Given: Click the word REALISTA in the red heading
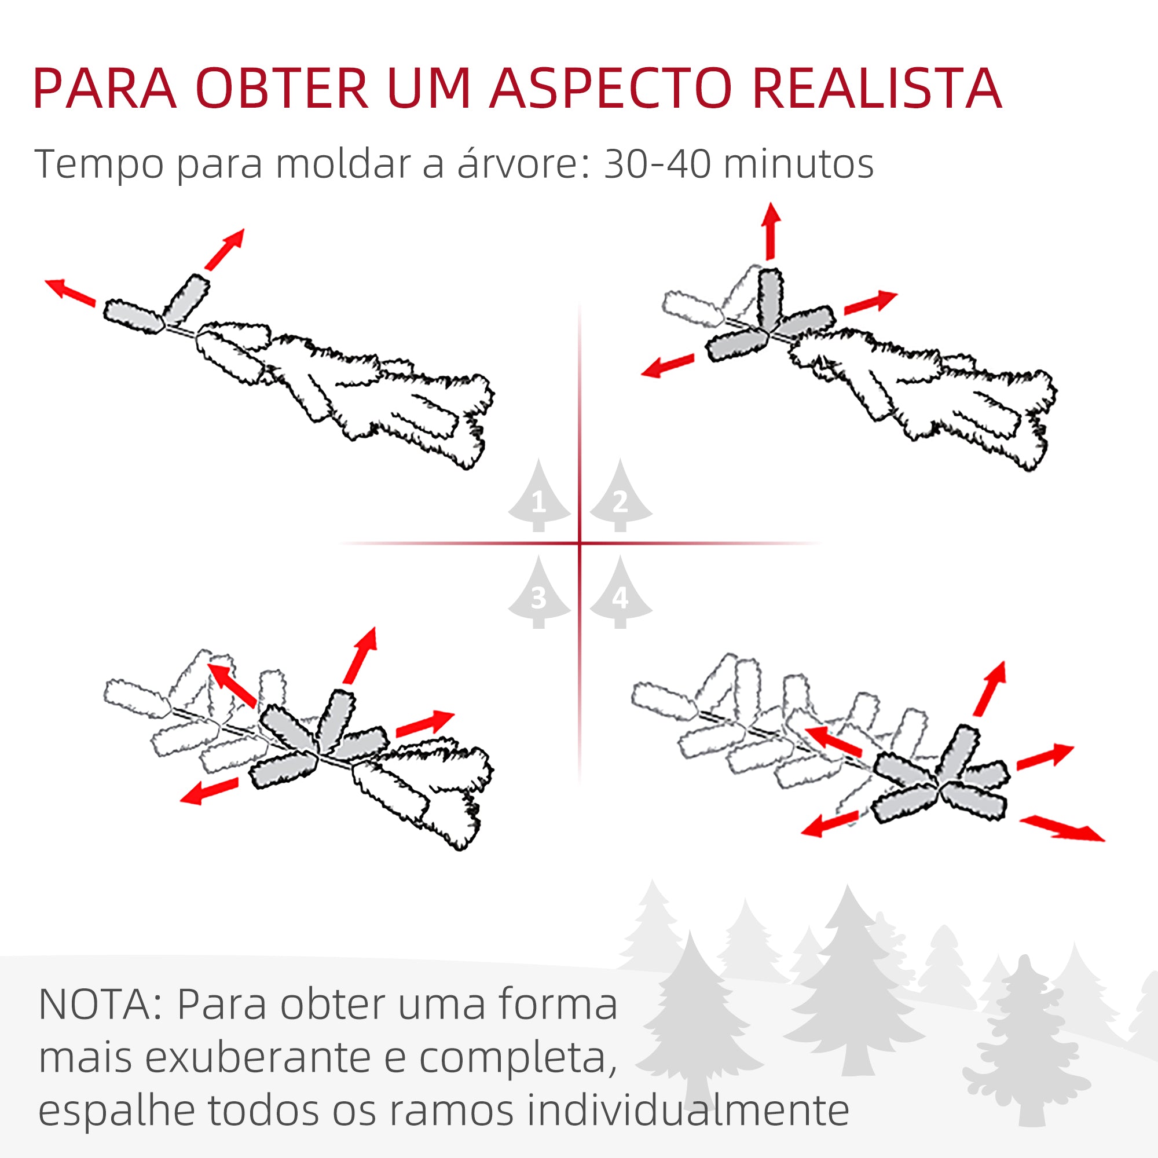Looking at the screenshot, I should coord(876,89).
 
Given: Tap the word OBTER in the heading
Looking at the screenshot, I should coord(282,89).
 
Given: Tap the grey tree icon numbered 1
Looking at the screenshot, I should coord(538,497).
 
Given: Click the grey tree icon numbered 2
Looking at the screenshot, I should coord(620,497).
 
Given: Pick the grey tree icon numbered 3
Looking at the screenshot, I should coord(538,593).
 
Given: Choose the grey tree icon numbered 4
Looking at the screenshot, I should coord(620,593).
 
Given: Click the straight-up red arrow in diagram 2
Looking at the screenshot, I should coord(771,232).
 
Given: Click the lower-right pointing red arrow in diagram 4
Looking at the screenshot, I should coord(1061,829).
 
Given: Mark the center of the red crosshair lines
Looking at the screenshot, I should coord(580,544).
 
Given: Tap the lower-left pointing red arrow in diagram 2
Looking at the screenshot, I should coord(668,365).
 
